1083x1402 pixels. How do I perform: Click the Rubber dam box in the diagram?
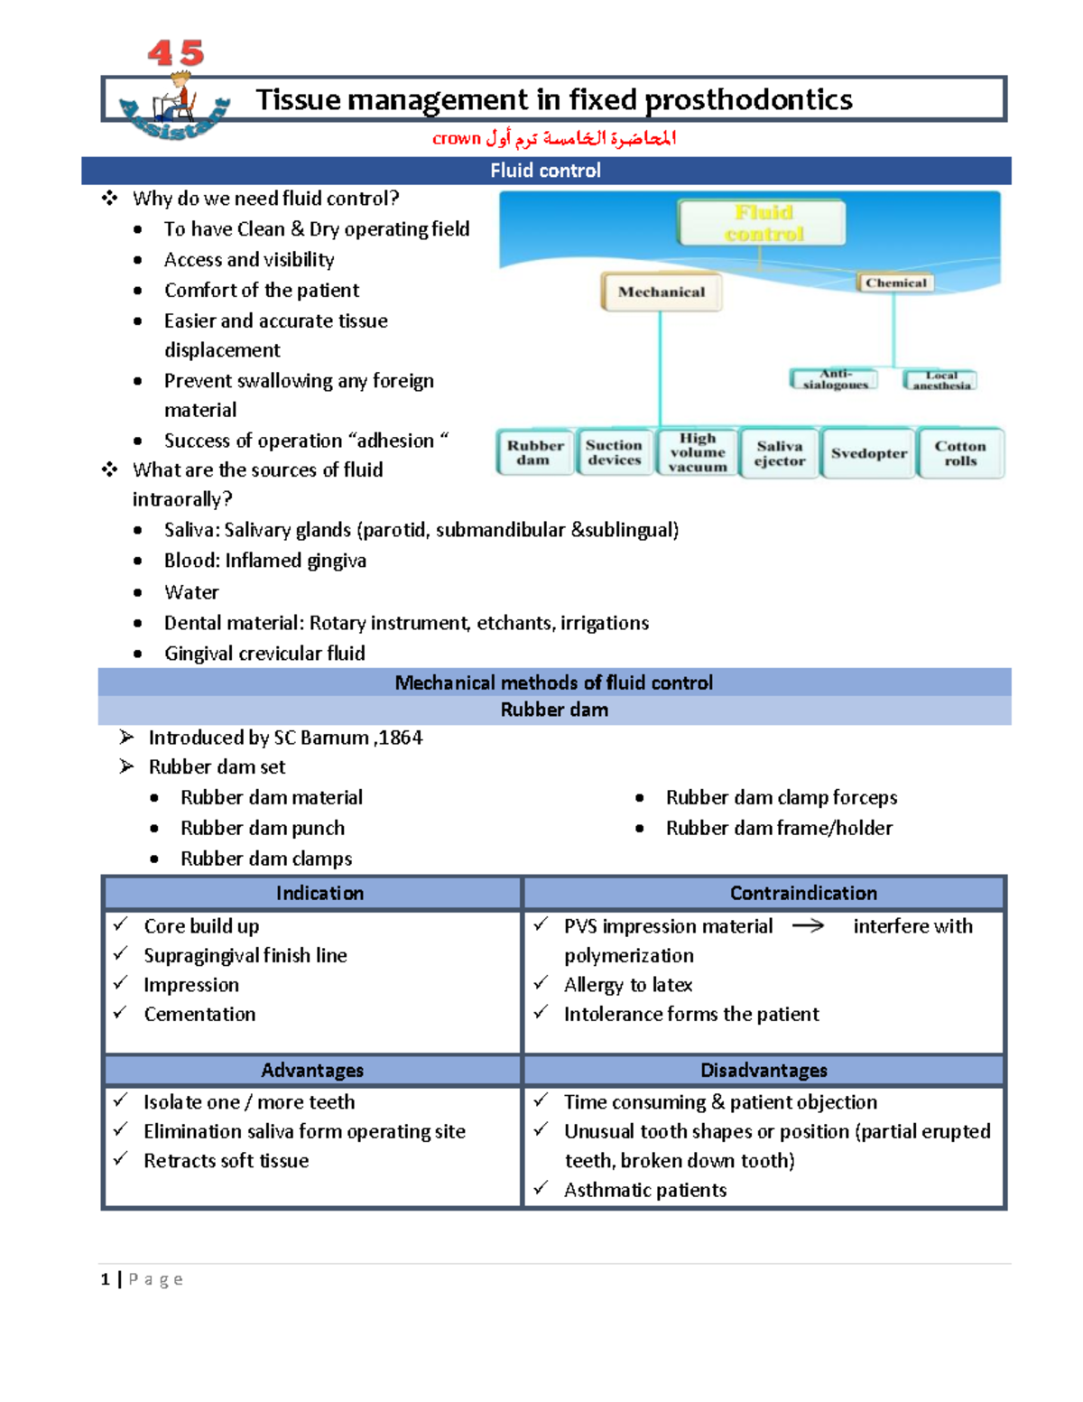(x=534, y=452)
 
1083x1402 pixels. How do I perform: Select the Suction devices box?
(x=614, y=452)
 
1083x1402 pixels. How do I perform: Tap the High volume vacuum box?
(x=698, y=452)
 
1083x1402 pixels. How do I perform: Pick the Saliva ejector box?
(x=780, y=453)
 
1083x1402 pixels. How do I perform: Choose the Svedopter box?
(x=869, y=453)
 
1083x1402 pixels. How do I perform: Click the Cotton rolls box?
(x=960, y=453)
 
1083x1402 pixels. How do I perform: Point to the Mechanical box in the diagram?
(x=662, y=292)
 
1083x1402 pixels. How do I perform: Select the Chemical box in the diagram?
(x=895, y=283)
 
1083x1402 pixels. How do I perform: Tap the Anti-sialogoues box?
(x=836, y=379)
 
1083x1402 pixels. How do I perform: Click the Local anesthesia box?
(x=941, y=380)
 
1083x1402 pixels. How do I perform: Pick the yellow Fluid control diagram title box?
(x=763, y=223)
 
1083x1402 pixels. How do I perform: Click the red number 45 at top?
(x=176, y=53)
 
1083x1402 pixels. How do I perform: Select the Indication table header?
(x=319, y=893)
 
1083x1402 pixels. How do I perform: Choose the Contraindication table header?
(x=803, y=893)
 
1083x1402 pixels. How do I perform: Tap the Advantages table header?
(x=312, y=1070)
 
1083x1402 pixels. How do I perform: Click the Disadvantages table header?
(x=764, y=1070)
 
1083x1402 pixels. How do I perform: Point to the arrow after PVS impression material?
(x=808, y=926)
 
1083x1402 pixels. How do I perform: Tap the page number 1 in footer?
(x=106, y=1279)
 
